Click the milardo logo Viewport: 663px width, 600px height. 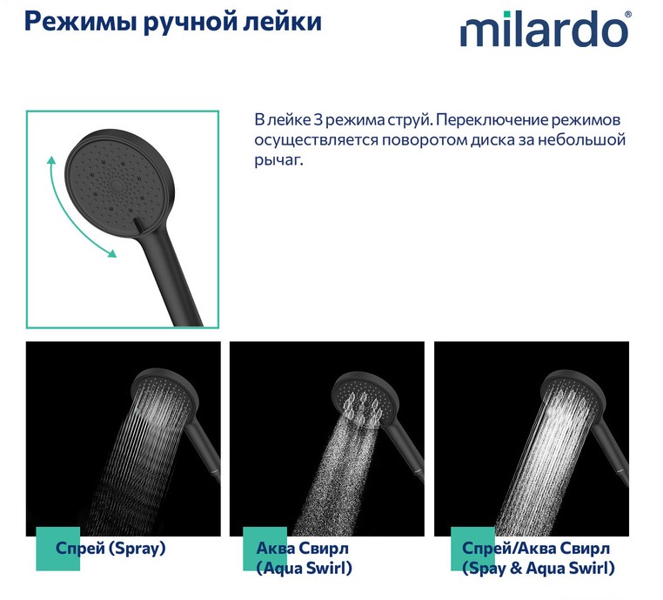click(x=544, y=29)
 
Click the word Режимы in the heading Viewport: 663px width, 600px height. click(x=81, y=22)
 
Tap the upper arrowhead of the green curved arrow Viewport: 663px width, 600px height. click(x=51, y=160)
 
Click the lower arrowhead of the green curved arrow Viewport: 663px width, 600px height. click(x=111, y=253)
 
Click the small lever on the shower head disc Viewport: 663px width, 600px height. click(x=137, y=225)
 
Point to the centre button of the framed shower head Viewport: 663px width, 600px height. click(x=117, y=185)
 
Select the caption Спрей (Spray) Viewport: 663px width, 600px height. click(x=110, y=548)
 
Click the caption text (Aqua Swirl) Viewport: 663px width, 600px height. click(x=304, y=568)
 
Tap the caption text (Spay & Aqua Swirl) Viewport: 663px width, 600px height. click(x=539, y=568)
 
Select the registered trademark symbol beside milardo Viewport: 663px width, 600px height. click(x=628, y=14)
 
